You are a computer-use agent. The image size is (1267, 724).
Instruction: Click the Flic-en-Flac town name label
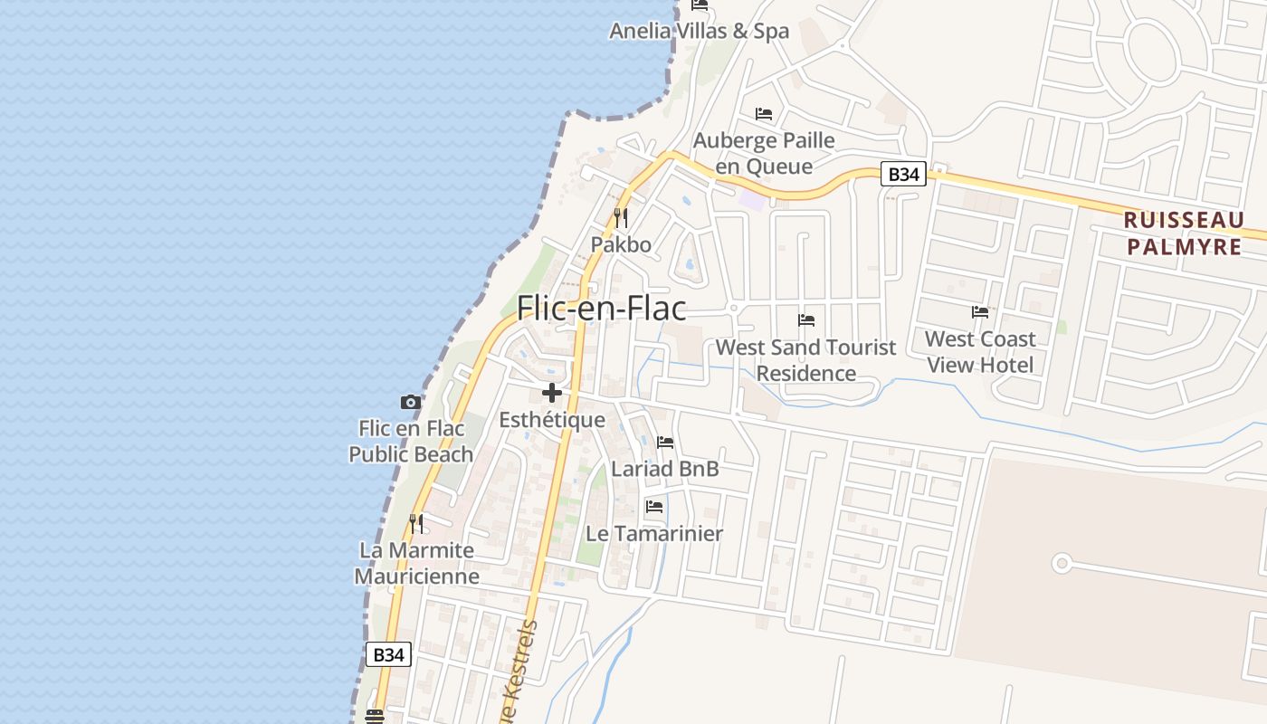pos(601,309)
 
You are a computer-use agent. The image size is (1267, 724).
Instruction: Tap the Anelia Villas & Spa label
pos(699,31)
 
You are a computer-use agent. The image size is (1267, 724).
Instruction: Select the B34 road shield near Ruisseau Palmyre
pos(903,174)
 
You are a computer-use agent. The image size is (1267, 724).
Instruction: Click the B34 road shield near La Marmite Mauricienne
pos(388,654)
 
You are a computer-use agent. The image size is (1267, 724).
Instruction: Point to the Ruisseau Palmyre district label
pos(1184,233)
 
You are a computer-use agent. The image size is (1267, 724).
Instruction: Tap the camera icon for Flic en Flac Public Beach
pos(411,402)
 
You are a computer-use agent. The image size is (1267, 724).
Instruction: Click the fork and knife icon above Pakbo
pos(621,218)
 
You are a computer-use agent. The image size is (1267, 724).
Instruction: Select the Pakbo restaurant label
pos(621,244)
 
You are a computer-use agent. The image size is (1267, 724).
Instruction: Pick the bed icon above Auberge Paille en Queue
pos(764,114)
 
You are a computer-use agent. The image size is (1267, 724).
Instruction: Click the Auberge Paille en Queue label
pos(764,153)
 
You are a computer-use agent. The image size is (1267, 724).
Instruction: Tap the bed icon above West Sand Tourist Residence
pos(806,320)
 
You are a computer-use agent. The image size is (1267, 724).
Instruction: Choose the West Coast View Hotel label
pos(980,352)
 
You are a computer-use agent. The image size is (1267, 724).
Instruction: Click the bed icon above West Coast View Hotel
pos(980,312)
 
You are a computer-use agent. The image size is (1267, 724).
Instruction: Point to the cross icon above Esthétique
pos(552,393)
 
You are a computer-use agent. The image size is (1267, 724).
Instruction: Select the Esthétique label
pos(552,420)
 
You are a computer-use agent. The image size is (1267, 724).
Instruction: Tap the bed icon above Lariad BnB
pos(665,443)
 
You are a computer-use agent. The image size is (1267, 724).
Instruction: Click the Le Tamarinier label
pos(654,534)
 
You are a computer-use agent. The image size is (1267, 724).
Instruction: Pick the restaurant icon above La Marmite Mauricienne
pos(416,523)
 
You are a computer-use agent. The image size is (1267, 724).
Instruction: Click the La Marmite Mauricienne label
pos(416,563)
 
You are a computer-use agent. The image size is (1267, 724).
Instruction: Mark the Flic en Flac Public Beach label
pos(411,441)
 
